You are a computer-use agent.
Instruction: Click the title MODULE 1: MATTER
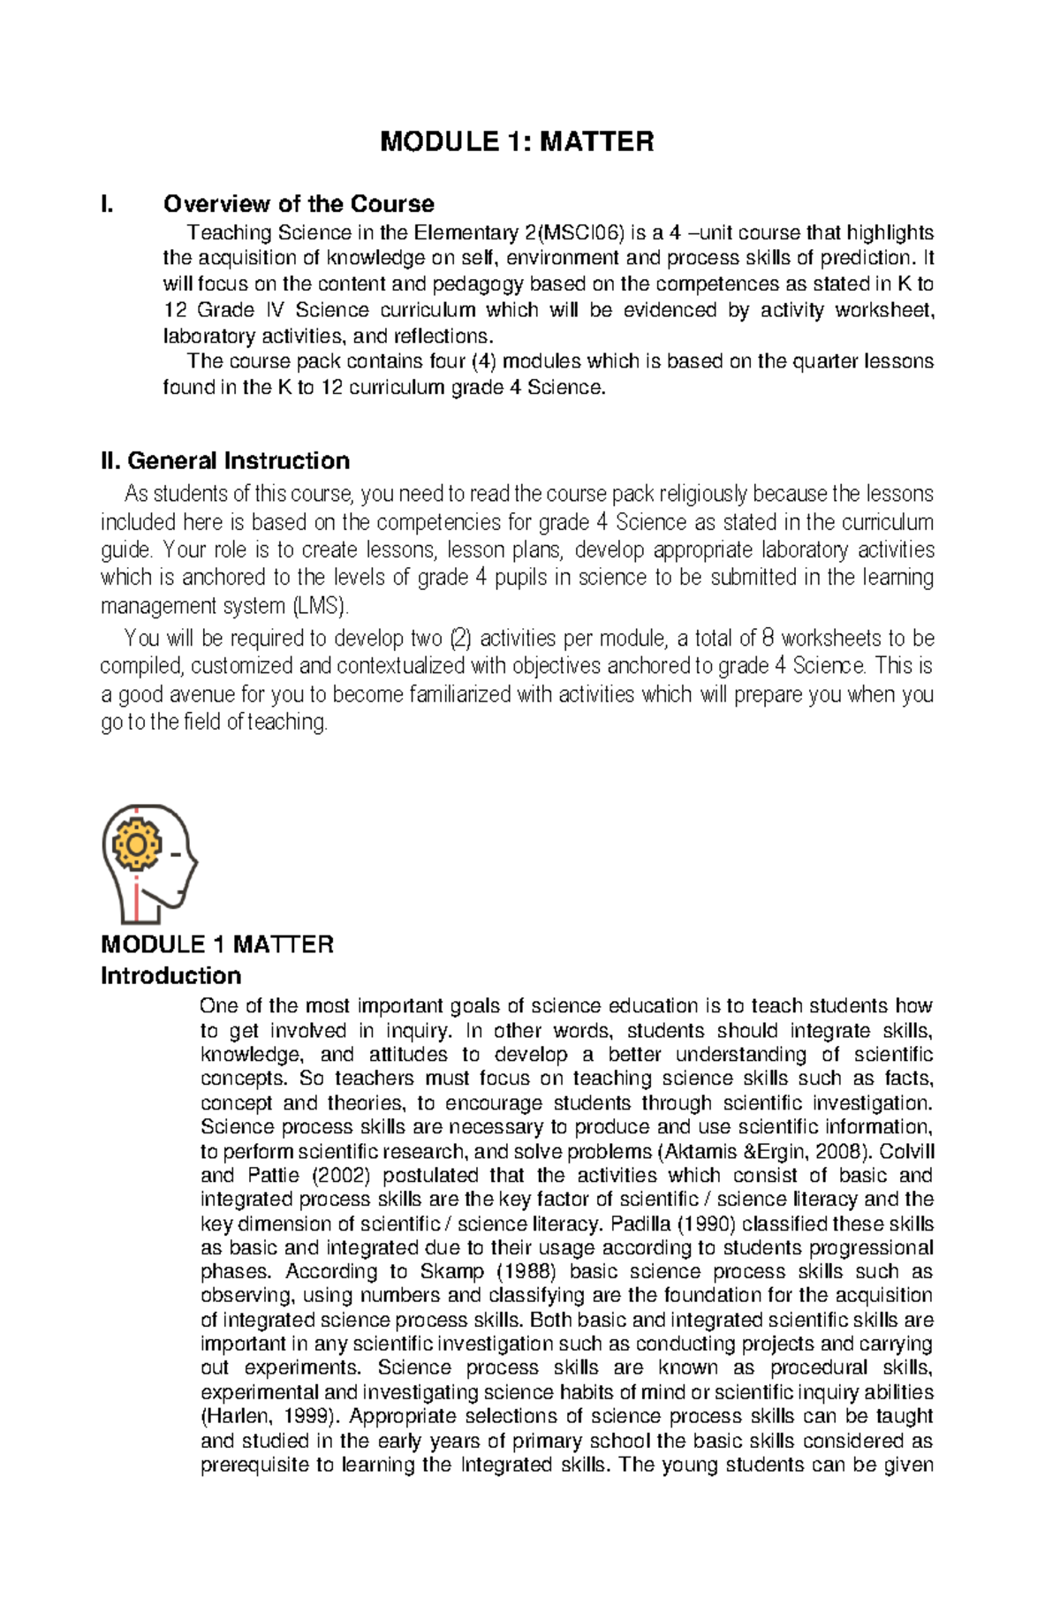pos(517,141)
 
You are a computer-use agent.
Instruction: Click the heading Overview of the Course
pos(299,204)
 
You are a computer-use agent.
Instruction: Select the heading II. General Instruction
pos(225,461)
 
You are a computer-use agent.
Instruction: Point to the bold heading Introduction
pos(170,976)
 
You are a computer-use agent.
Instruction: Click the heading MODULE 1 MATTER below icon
pos(217,944)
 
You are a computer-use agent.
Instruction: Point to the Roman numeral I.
pos(107,204)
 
